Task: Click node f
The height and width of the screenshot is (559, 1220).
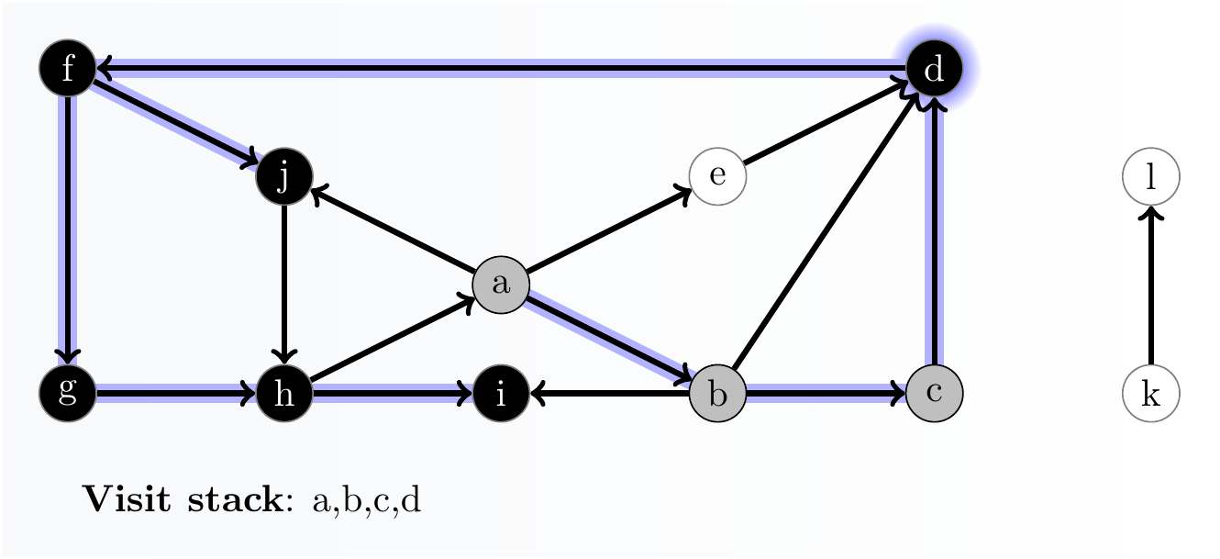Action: point(68,68)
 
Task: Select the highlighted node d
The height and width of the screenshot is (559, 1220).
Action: point(934,68)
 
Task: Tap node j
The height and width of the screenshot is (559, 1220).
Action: point(284,176)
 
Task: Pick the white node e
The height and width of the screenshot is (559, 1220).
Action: point(717,176)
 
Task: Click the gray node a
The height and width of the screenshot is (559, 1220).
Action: point(501,285)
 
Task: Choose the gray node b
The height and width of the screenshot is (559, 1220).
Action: point(717,394)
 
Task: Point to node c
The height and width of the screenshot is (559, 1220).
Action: point(934,393)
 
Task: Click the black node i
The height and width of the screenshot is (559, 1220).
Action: point(501,394)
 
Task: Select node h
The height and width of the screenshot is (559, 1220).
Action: point(284,394)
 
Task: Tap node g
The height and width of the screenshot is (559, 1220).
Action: point(68,393)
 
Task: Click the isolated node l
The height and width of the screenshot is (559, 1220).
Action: point(1150,176)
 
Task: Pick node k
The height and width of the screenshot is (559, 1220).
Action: point(1150,394)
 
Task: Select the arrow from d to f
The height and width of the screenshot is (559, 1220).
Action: point(501,68)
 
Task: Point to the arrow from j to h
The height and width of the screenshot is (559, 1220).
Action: point(284,285)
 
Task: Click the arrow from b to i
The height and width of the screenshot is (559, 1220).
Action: point(609,394)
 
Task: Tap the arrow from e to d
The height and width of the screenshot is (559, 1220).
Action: point(826,123)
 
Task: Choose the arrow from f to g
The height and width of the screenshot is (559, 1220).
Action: point(68,229)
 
